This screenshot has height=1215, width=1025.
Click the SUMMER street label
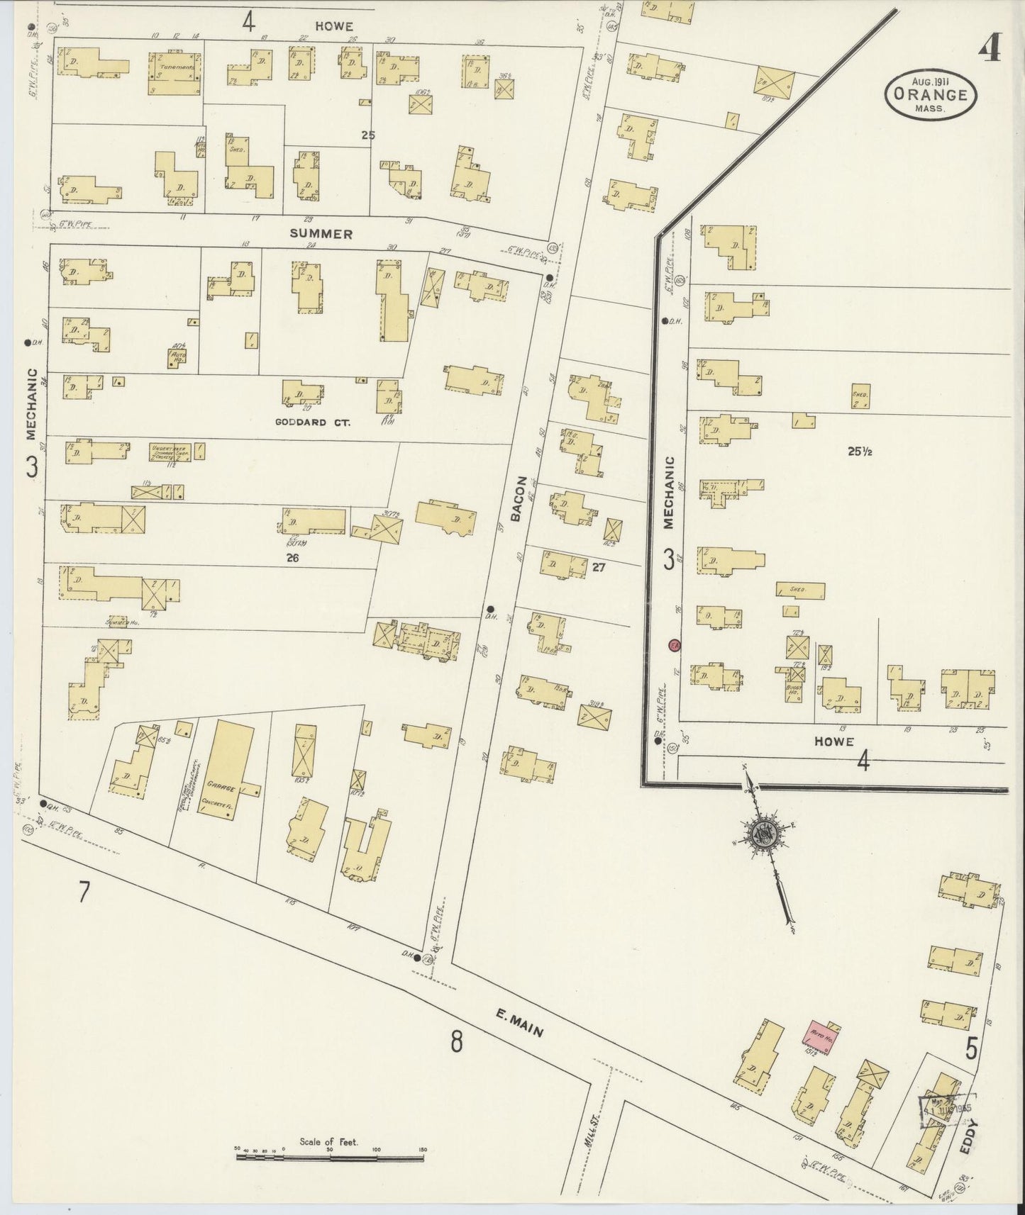(321, 234)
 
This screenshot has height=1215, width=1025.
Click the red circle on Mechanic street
(675, 645)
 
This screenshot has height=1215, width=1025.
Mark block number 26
(292, 558)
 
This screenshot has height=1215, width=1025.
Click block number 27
(598, 566)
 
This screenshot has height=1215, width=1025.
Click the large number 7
(84, 891)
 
